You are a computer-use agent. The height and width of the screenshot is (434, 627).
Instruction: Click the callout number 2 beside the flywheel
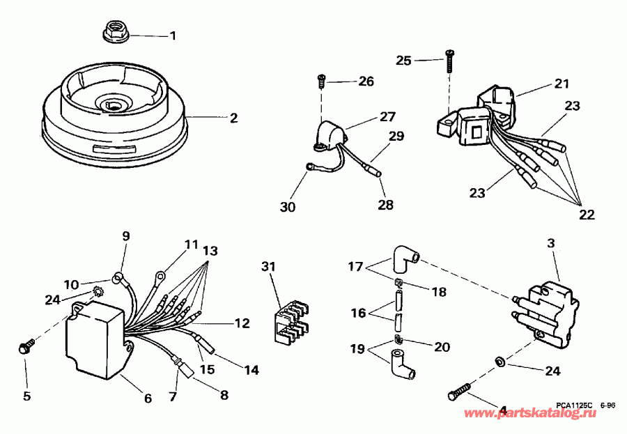click(x=234, y=118)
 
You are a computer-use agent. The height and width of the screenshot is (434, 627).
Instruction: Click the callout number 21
click(x=562, y=84)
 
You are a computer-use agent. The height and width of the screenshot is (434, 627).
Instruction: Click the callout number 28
click(x=385, y=205)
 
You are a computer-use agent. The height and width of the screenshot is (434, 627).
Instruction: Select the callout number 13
click(x=210, y=250)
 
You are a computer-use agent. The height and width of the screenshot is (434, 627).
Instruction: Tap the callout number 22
click(x=587, y=215)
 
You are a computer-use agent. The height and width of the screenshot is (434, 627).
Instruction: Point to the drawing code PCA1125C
click(x=575, y=404)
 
